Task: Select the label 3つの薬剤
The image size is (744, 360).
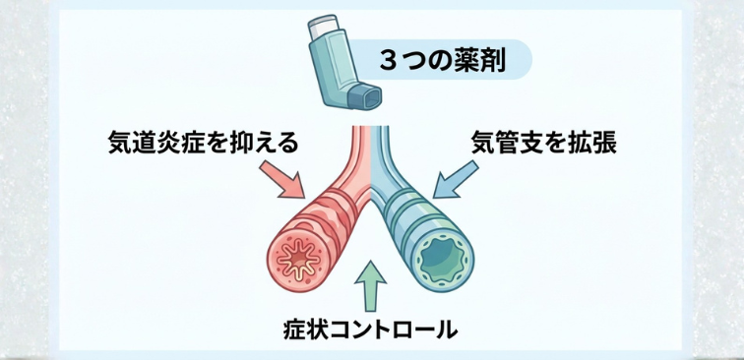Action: point(443,61)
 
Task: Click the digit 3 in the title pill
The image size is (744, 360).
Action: point(388,61)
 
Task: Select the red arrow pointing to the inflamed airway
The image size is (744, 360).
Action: point(284,178)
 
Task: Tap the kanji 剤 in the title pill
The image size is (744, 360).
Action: point(492,61)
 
